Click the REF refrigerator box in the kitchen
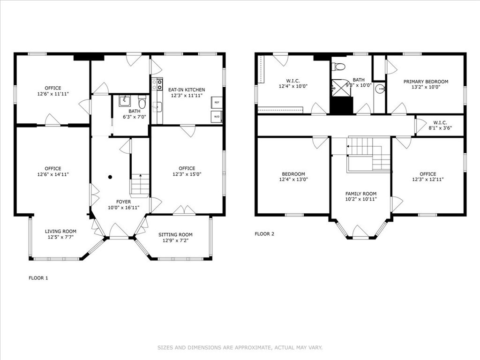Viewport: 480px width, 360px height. tap(217, 102)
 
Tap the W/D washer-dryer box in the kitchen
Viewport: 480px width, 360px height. tap(217, 117)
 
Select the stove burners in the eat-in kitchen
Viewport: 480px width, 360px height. tap(159, 84)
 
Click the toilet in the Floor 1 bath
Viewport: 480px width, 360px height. tap(142, 101)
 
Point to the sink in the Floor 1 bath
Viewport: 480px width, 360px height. tap(125, 100)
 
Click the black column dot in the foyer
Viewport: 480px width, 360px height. tap(110, 177)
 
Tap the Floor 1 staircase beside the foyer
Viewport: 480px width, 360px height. tap(140, 184)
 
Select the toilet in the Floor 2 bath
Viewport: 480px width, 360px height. tap(338, 66)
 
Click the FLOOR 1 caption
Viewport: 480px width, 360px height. tap(38, 278)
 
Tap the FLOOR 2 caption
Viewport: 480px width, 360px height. tap(264, 234)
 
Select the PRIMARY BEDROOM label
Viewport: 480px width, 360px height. tap(426, 82)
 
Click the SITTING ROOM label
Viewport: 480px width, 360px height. tap(175, 235)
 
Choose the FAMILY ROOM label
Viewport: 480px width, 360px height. tap(361, 194)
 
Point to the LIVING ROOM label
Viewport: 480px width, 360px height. tap(60, 231)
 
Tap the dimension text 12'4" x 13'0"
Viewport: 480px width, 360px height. tap(293, 180)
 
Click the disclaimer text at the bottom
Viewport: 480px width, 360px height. tap(240, 348)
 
